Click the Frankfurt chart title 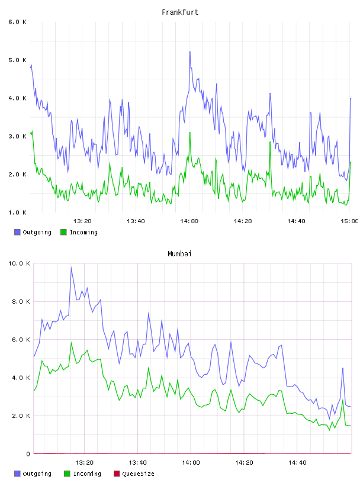(x=180, y=12)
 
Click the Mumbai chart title (x=179, y=254)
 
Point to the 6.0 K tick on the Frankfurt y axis (x=17, y=22)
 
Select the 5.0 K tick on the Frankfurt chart (x=17, y=60)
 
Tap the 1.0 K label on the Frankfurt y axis (x=17, y=212)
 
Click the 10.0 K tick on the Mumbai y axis (x=19, y=263)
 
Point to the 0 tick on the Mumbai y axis (x=28, y=454)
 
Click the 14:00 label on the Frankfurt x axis (x=189, y=221)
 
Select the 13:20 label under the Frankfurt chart (x=82, y=221)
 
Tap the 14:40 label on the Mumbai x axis (x=297, y=463)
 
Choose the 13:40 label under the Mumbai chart (x=137, y=463)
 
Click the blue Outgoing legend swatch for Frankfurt (x=17, y=232)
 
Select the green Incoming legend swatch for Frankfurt (x=63, y=232)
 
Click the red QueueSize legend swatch (x=117, y=474)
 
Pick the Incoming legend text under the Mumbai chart (x=87, y=474)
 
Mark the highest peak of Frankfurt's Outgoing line (x=190, y=51)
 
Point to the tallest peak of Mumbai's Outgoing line (x=71, y=267)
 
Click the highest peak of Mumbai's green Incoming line (x=71, y=342)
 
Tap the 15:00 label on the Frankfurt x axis (x=349, y=221)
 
